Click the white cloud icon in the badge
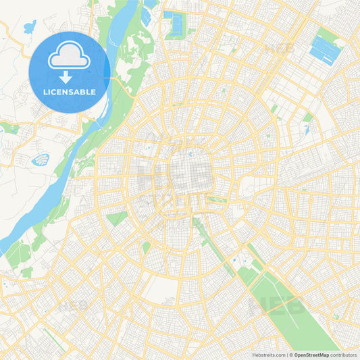70,59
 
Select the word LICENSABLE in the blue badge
70,93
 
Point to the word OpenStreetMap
311,355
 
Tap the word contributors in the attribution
344,355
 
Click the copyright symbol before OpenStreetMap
290,355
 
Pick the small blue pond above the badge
29,28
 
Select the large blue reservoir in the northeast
324,49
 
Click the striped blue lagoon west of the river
41,160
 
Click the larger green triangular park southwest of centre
116,218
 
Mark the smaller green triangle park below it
146,247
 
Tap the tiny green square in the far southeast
335,315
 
